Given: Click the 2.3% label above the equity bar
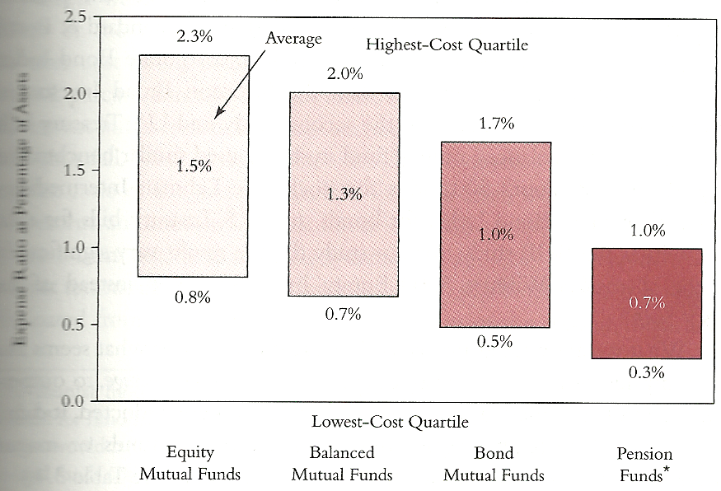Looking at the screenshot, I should click(x=194, y=35).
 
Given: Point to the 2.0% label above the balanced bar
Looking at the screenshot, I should click(x=344, y=73).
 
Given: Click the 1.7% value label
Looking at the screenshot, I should click(x=495, y=124).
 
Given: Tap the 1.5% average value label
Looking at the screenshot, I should click(x=194, y=166).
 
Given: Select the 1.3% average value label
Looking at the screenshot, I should click(x=344, y=194).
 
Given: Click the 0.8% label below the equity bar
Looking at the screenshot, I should click(x=194, y=297).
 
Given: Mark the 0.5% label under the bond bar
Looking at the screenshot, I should click(x=495, y=341).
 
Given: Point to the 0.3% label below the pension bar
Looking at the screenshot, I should click(x=646, y=372).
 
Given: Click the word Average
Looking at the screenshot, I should click(x=293, y=37).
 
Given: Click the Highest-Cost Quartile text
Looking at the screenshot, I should click(x=447, y=44).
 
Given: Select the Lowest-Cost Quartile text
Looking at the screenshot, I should click(x=390, y=422).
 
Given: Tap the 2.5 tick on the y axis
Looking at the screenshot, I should click(x=75, y=16).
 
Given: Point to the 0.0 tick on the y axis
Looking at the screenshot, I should click(x=75, y=401).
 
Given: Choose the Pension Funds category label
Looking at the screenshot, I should click(x=645, y=464).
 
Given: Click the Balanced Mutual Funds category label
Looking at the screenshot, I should click(x=342, y=463).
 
